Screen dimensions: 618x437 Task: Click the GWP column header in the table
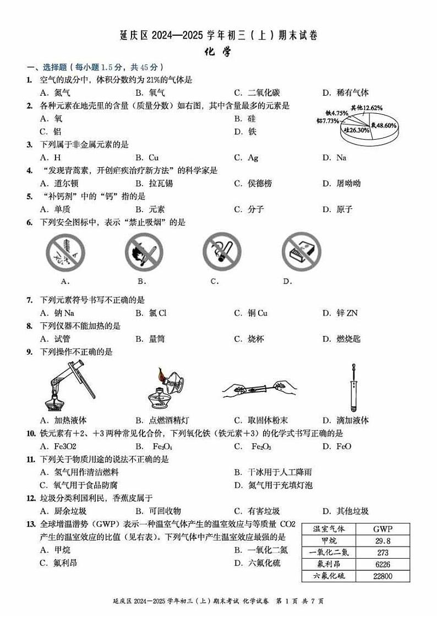[x=383, y=529]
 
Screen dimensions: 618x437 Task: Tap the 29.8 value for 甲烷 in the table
[x=383, y=541]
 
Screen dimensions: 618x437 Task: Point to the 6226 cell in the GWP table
[x=383, y=564]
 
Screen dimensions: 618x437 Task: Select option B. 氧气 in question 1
[x=150, y=93]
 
